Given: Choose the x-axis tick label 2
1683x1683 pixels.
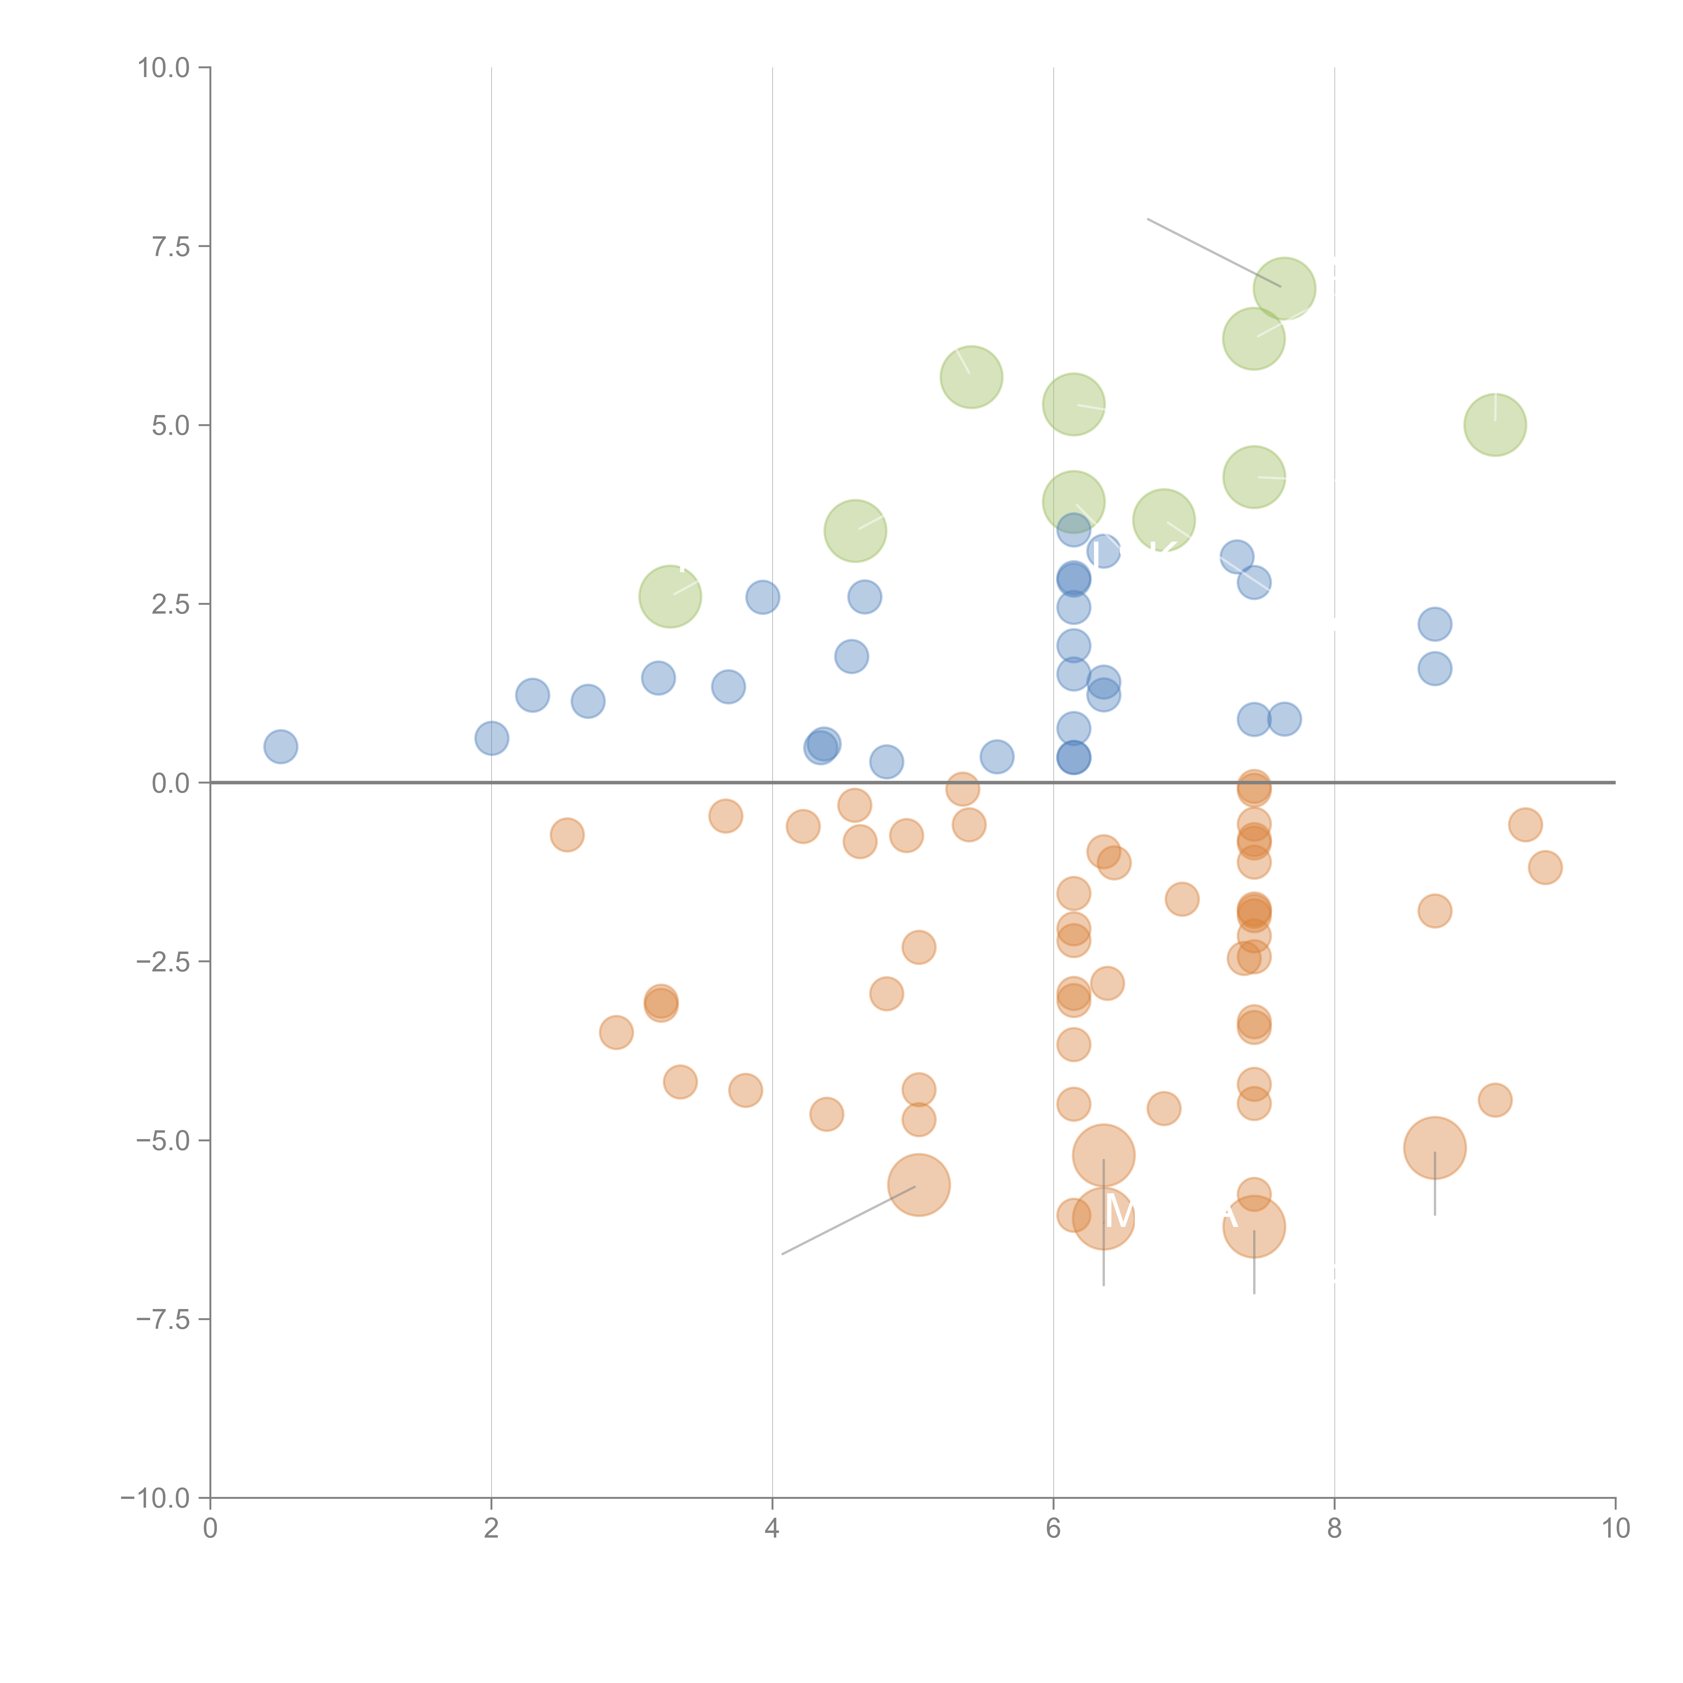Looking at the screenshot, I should tap(491, 1529).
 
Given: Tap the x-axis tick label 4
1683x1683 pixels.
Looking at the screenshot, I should tap(772, 1529).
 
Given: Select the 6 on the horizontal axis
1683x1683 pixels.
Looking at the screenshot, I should tap(1053, 1529).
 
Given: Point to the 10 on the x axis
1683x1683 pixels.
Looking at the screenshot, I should tap(1615, 1529).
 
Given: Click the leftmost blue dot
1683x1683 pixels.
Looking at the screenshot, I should tap(280, 747).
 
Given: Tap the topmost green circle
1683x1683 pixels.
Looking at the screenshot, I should tap(1284, 288).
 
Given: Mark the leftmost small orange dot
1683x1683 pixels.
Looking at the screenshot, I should tap(567, 835).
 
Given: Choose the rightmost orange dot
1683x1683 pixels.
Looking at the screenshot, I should tap(1545, 868).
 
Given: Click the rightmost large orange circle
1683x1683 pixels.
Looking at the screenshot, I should tap(1435, 1148).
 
